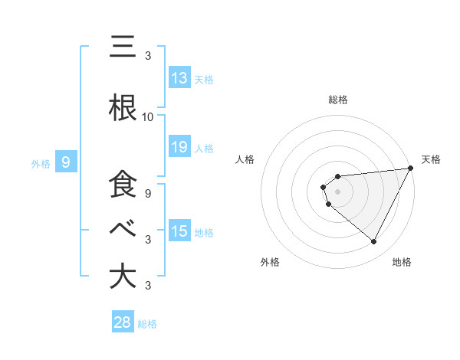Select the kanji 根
tap(123, 107)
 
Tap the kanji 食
tap(123, 185)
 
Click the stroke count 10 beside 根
tap(147, 117)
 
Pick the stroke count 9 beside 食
tap(147, 194)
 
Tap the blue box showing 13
tap(179, 78)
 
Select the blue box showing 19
tap(179, 147)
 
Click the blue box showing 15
tap(179, 231)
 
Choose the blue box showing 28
tap(122, 322)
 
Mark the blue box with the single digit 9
tap(67, 162)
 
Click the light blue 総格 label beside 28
tap(147, 324)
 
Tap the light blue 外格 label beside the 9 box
tap(41, 163)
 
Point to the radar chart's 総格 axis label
tap(337, 100)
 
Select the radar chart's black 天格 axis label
tap(432, 159)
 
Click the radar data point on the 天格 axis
tap(411, 169)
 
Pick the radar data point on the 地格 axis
tap(374, 242)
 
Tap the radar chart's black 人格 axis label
tap(245, 159)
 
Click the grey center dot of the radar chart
tap(337, 190)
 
